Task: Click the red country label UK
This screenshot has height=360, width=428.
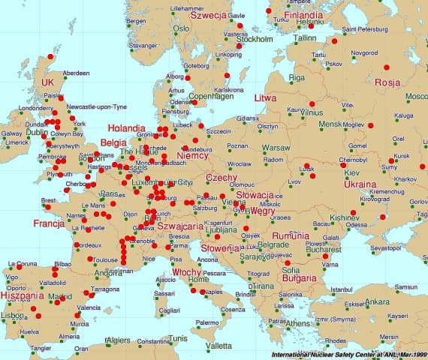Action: click(x=49, y=82)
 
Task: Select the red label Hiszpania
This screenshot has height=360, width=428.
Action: click(x=23, y=295)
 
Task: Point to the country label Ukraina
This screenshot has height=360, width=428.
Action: click(x=360, y=184)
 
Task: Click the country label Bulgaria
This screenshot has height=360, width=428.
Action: click(x=298, y=279)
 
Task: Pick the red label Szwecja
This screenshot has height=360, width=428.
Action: click(x=209, y=14)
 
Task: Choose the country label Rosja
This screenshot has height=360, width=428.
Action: click(x=387, y=82)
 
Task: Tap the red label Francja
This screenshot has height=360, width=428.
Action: click(x=50, y=223)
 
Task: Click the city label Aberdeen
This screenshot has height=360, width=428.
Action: click(x=76, y=73)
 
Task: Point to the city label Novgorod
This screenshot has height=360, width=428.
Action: click(x=365, y=53)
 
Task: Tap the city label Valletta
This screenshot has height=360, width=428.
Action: click(x=219, y=346)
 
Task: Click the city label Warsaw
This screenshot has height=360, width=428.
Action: click(x=276, y=148)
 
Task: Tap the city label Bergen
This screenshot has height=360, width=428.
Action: click(x=136, y=21)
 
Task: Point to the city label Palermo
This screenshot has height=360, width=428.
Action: click(x=206, y=323)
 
